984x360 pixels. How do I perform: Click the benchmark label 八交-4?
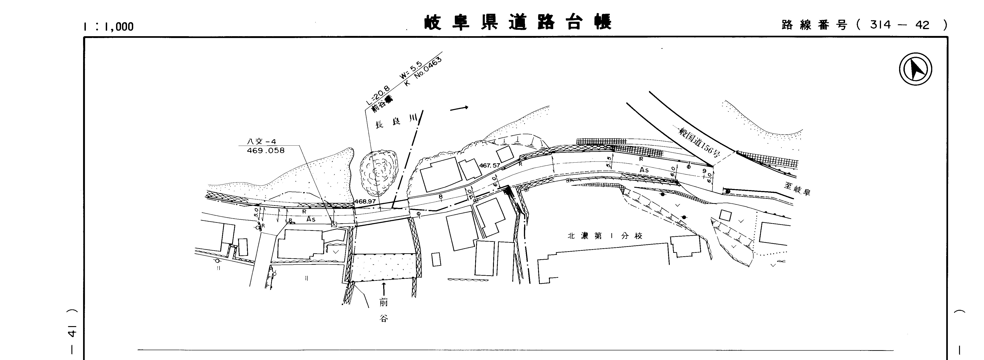262,141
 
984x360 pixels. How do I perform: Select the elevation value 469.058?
266,151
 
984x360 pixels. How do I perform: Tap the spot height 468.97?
365,201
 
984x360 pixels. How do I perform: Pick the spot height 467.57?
489,166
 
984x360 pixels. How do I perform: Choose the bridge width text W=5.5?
410,70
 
